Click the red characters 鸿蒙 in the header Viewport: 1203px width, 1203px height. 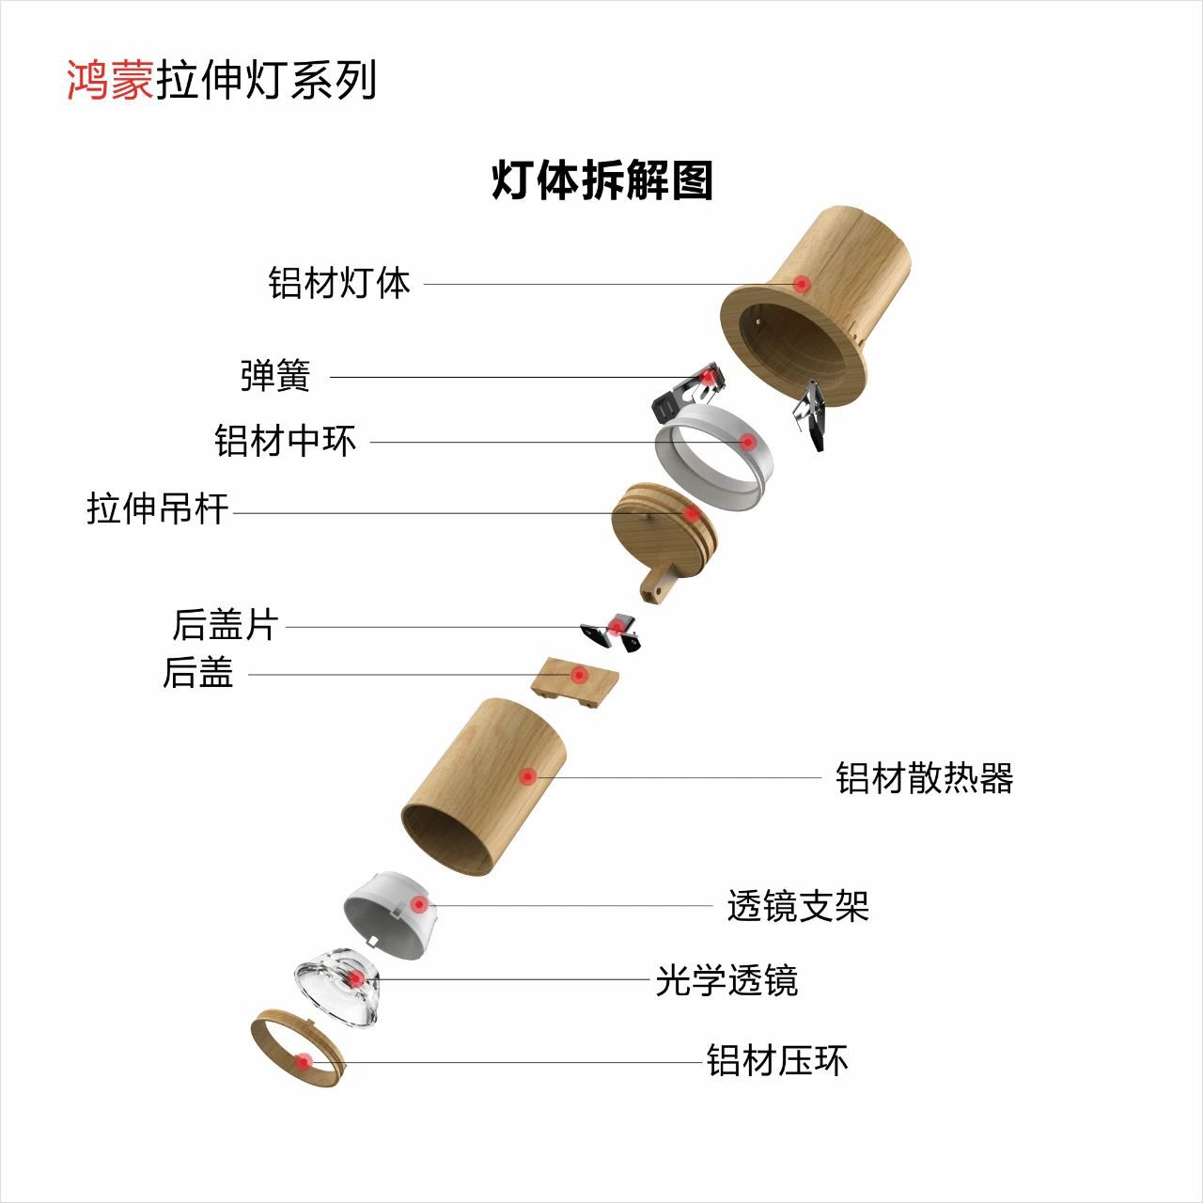click(x=109, y=80)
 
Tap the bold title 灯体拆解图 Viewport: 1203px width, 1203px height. click(x=602, y=180)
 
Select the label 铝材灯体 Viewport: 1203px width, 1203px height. click(x=339, y=282)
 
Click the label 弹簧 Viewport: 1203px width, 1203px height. click(x=274, y=376)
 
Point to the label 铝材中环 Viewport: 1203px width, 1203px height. click(x=286, y=440)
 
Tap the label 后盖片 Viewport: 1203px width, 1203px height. click(x=225, y=625)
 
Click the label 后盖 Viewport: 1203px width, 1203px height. click(x=197, y=672)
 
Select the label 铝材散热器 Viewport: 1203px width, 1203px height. click(x=925, y=778)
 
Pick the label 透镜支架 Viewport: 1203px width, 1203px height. click(x=798, y=906)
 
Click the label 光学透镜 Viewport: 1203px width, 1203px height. click(x=726, y=980)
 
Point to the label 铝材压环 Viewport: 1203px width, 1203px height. click(x=777, y=1061)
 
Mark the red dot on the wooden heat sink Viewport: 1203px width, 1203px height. click(x=528, y=776)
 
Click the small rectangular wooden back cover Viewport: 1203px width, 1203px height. click(x=574, y=681)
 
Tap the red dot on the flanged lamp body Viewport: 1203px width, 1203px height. click(x=801, y=283)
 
